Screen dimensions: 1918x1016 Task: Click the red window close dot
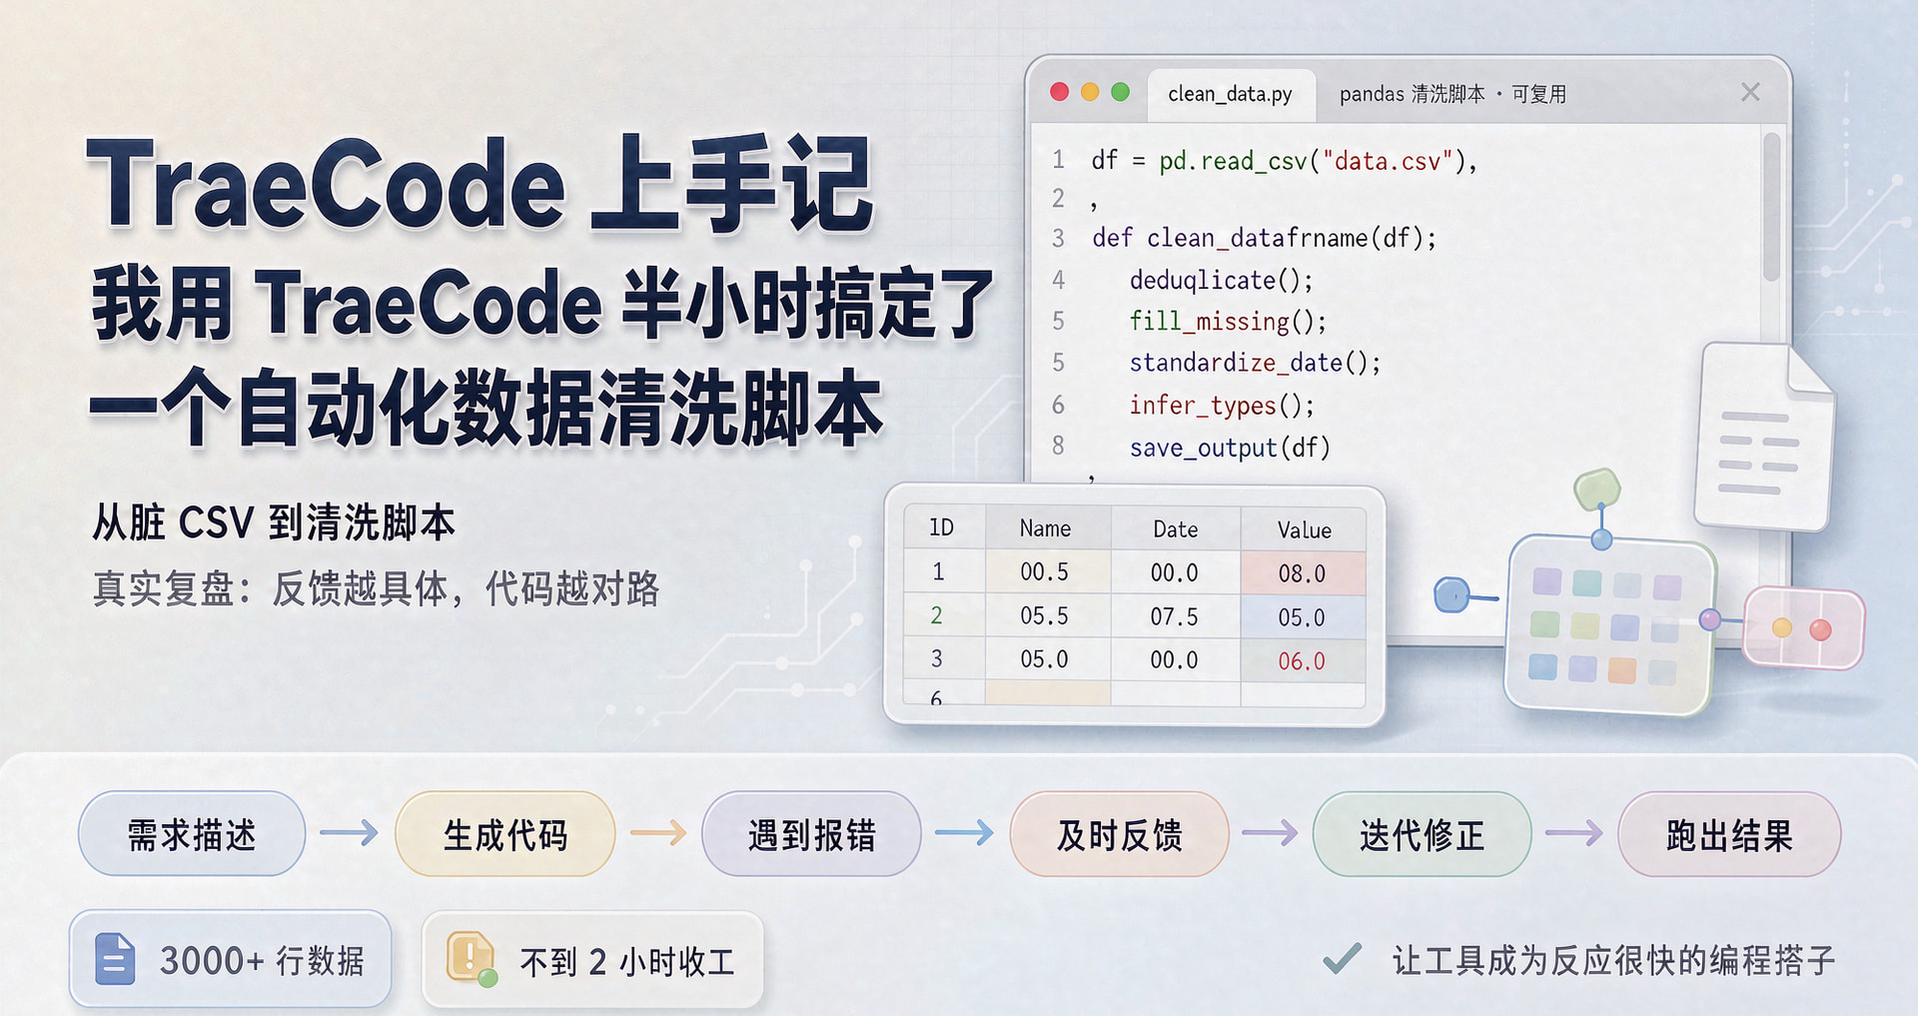(x=1060, y=92)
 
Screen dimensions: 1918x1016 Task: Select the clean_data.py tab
(x=1231, y=94)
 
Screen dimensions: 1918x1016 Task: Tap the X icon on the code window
(x=1750, y=92)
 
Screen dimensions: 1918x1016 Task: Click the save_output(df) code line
(x=1230, y=448)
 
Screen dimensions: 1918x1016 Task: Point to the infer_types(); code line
(x=1222, y=405)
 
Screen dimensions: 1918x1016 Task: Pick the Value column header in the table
(x=1304, y=529)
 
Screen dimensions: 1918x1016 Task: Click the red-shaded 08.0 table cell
(x=1303, y=573)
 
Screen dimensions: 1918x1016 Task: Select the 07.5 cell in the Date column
(x=1174, y=616)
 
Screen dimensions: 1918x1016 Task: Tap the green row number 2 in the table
(x=936, y=615)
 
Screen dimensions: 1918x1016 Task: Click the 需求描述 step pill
(x=192, y=834)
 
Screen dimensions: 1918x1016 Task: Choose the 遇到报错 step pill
(x=811, y=834)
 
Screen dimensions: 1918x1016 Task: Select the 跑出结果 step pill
(x=1729, y=834)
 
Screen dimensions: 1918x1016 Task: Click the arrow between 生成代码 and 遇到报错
(x=658, y=832)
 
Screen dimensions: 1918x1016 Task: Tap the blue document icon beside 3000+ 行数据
(x=115, y=959)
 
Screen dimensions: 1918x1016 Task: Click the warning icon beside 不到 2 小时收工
(x=471, y=958)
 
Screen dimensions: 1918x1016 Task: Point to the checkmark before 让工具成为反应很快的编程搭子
(x=1342, y=959)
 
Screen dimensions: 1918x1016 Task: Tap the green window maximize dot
(x=1121, y=92)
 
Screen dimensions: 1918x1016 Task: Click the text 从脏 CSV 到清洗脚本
(x=274, y=522)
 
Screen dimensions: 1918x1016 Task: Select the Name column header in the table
(x=1045, y=528)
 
